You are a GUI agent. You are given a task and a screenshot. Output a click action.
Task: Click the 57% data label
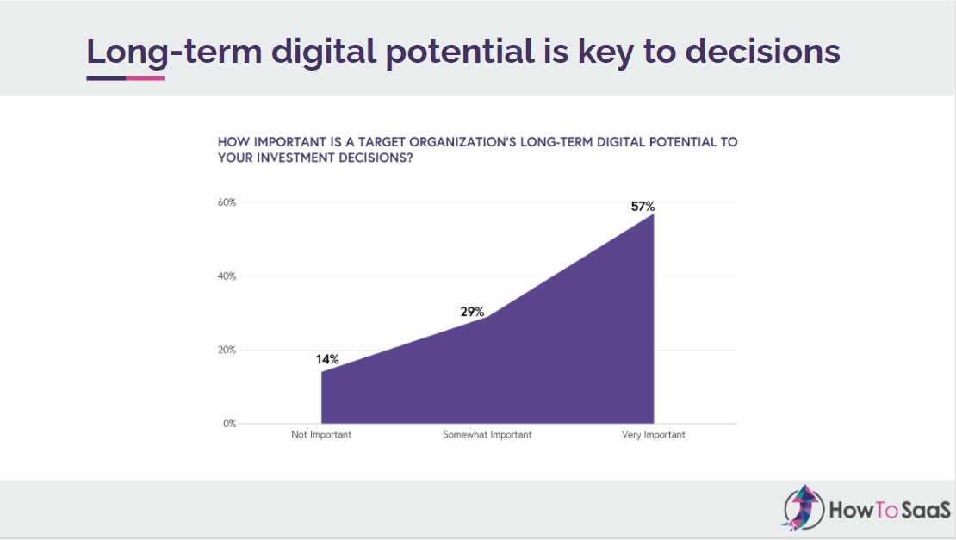click(x=643, y=207)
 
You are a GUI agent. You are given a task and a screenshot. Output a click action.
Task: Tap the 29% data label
click(x=473, y=312)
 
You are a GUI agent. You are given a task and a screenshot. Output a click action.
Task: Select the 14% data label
click(x=327, y=359)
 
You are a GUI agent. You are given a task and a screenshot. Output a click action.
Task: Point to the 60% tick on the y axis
click(x=227, y=202)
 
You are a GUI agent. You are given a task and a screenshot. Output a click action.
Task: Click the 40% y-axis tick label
click(x=227, y=276)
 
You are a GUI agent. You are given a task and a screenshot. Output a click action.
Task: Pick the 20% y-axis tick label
click(x=227, y=351)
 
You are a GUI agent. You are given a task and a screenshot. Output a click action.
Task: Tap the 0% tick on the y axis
click(x=229, y=424)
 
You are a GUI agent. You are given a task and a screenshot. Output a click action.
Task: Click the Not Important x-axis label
click(x=321, y=435)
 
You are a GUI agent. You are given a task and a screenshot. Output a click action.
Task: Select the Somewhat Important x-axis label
click(x=487, y=435)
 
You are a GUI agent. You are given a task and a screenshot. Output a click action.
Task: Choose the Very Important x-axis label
click(x=654, y=435)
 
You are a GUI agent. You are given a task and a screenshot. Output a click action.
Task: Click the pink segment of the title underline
click(x=145, y=78)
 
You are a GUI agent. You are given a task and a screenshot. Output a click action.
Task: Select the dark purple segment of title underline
click(x=106, y=78)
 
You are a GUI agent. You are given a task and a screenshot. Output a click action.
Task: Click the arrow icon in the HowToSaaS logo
click(x=803, y=506)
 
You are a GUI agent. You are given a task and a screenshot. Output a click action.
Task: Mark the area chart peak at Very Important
click(x=654, y=214)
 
